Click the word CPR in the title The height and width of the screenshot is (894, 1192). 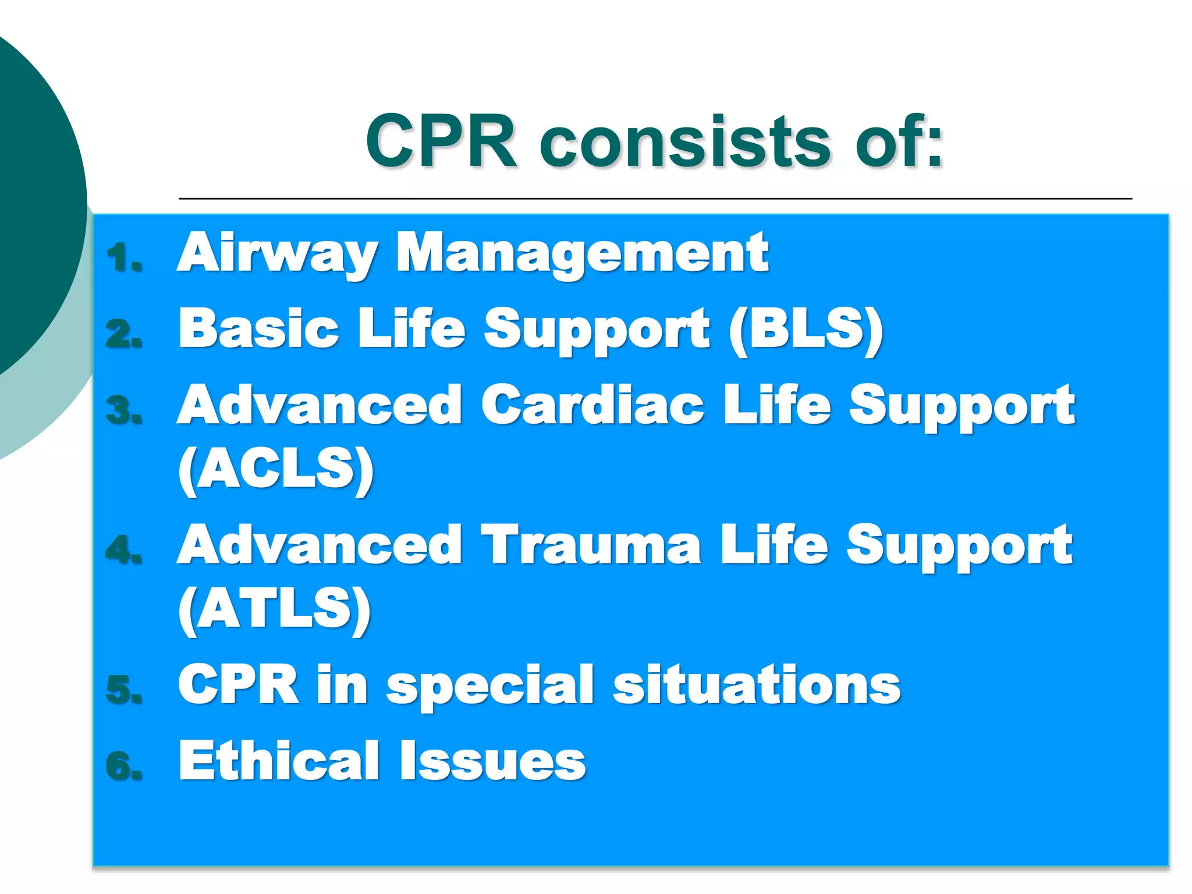(441, 141)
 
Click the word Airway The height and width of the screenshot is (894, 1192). (277, 254)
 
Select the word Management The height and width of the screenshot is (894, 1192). (582, 254)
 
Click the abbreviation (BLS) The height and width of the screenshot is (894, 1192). (806, 329)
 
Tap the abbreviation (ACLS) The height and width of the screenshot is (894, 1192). (276, 470)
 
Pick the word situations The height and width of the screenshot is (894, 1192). (756, 685)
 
